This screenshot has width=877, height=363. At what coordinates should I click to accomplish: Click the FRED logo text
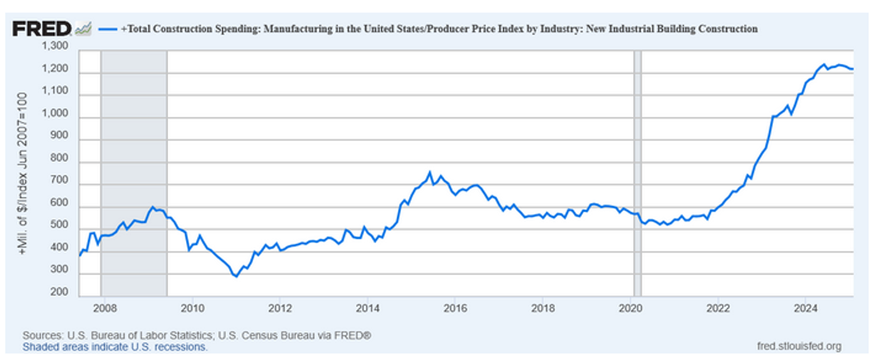coord(42,29)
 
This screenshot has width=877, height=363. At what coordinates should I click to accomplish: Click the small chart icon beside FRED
coord(83,29)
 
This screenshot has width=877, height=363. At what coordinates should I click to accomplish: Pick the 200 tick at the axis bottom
coord(61,292)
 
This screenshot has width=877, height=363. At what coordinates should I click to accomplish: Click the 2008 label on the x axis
coord(101,307)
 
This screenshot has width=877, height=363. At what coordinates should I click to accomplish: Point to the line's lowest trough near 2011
coord(236,276)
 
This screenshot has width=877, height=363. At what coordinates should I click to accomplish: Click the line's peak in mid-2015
coord(430,172)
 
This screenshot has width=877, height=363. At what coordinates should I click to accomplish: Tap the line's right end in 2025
coord(853,69)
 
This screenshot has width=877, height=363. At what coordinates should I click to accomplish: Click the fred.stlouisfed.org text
coord(799,346)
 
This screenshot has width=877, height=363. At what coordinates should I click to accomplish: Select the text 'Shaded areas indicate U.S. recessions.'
coord(115,346)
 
